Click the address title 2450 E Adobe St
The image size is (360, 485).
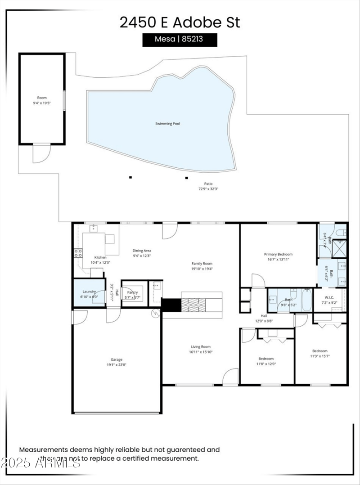click(x=180, y=22)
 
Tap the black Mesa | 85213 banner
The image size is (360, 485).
click(x=180, y=39)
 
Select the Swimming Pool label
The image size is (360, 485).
click(x=167, y=124)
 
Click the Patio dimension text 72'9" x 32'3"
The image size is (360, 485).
click(x=208, y=189)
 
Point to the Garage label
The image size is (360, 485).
click(x=117, y=359)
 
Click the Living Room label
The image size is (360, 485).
click(x=201, y=347)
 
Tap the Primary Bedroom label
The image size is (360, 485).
click(x=278, y=254)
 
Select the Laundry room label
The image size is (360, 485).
click(x=89, y=292)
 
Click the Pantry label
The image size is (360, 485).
click(x=132, y=292)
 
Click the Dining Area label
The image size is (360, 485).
click(x=141, y=251)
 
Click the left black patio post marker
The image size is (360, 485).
click(x=130, y=177)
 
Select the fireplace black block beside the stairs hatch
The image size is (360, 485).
click(x=171, y=305)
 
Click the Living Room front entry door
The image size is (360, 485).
click(x=231, y=377)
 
